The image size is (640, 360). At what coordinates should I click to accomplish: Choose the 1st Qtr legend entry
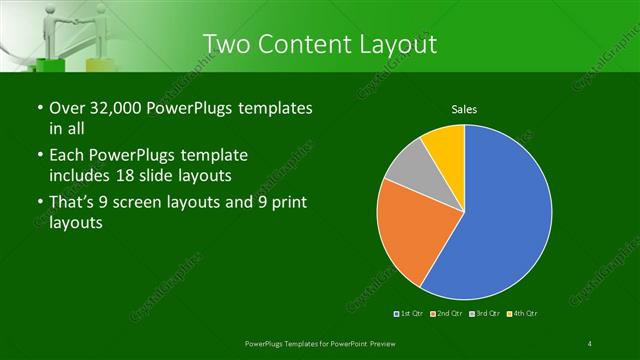click(410, 315)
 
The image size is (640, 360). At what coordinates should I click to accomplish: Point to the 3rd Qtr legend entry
click(484, 315)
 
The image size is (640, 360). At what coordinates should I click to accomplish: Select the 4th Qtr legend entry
click(522, 315)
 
